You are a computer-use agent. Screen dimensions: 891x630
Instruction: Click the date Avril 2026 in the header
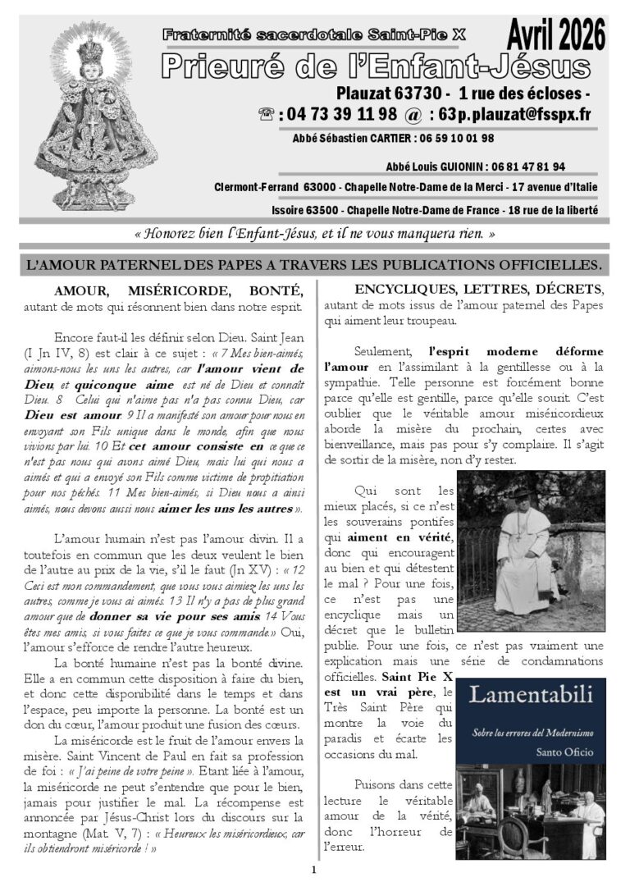tap(556, 36)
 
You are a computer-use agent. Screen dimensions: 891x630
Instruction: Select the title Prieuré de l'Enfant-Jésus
tap(375, 66)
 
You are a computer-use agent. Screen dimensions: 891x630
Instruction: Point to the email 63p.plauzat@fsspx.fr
tap(502, 114)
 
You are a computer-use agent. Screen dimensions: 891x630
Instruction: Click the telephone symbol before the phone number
tap(267, 114)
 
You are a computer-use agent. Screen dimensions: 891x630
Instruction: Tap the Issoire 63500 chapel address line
tap(405, 210)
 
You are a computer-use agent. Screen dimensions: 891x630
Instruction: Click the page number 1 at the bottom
tap(313, 870)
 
